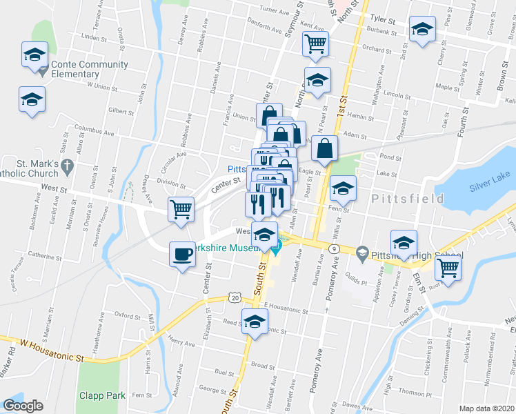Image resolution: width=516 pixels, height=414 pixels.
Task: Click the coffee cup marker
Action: point(182,255)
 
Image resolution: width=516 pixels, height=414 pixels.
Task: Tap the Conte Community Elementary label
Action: point(89,69)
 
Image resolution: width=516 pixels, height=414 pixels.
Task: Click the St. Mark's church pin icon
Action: point(67,166)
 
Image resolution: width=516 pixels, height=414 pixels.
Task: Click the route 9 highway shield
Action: point(333,248)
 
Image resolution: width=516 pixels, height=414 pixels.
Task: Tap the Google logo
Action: point(23,406)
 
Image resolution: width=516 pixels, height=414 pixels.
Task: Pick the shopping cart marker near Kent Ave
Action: point(315,44)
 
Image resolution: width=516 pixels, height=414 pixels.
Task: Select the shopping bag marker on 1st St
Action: point(324,148)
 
